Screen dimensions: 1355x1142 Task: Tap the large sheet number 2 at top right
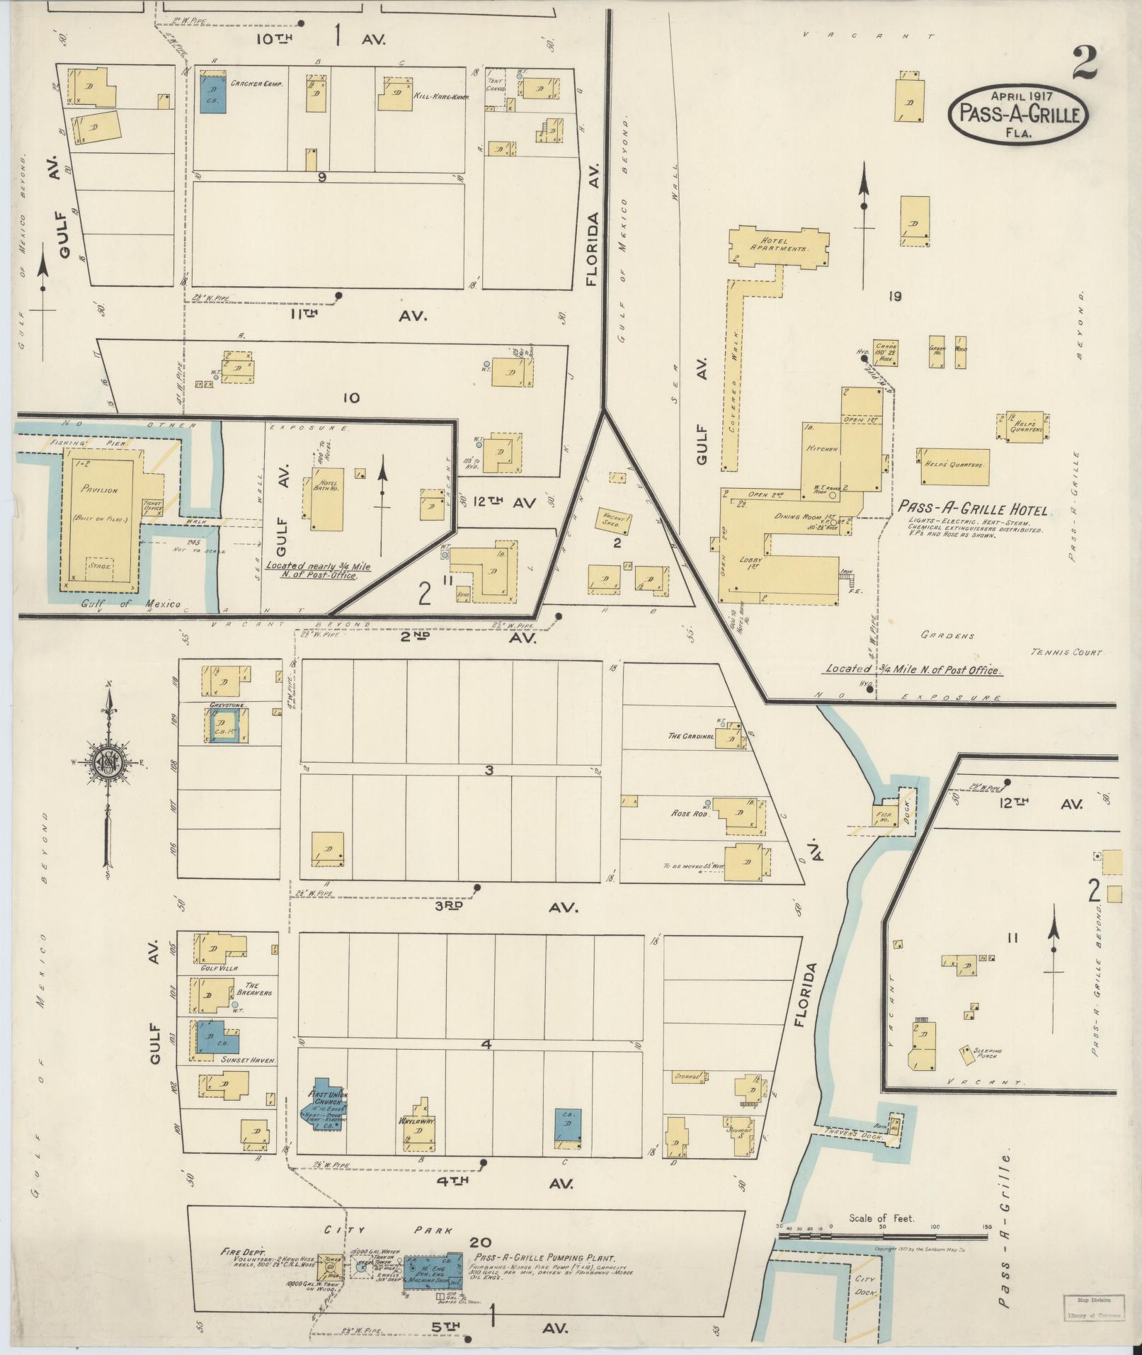[1084, 63]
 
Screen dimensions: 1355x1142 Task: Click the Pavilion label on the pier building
[99, 489]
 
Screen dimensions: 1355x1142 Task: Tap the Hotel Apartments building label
[779, 245]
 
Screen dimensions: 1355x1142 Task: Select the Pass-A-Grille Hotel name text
[972, 509]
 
